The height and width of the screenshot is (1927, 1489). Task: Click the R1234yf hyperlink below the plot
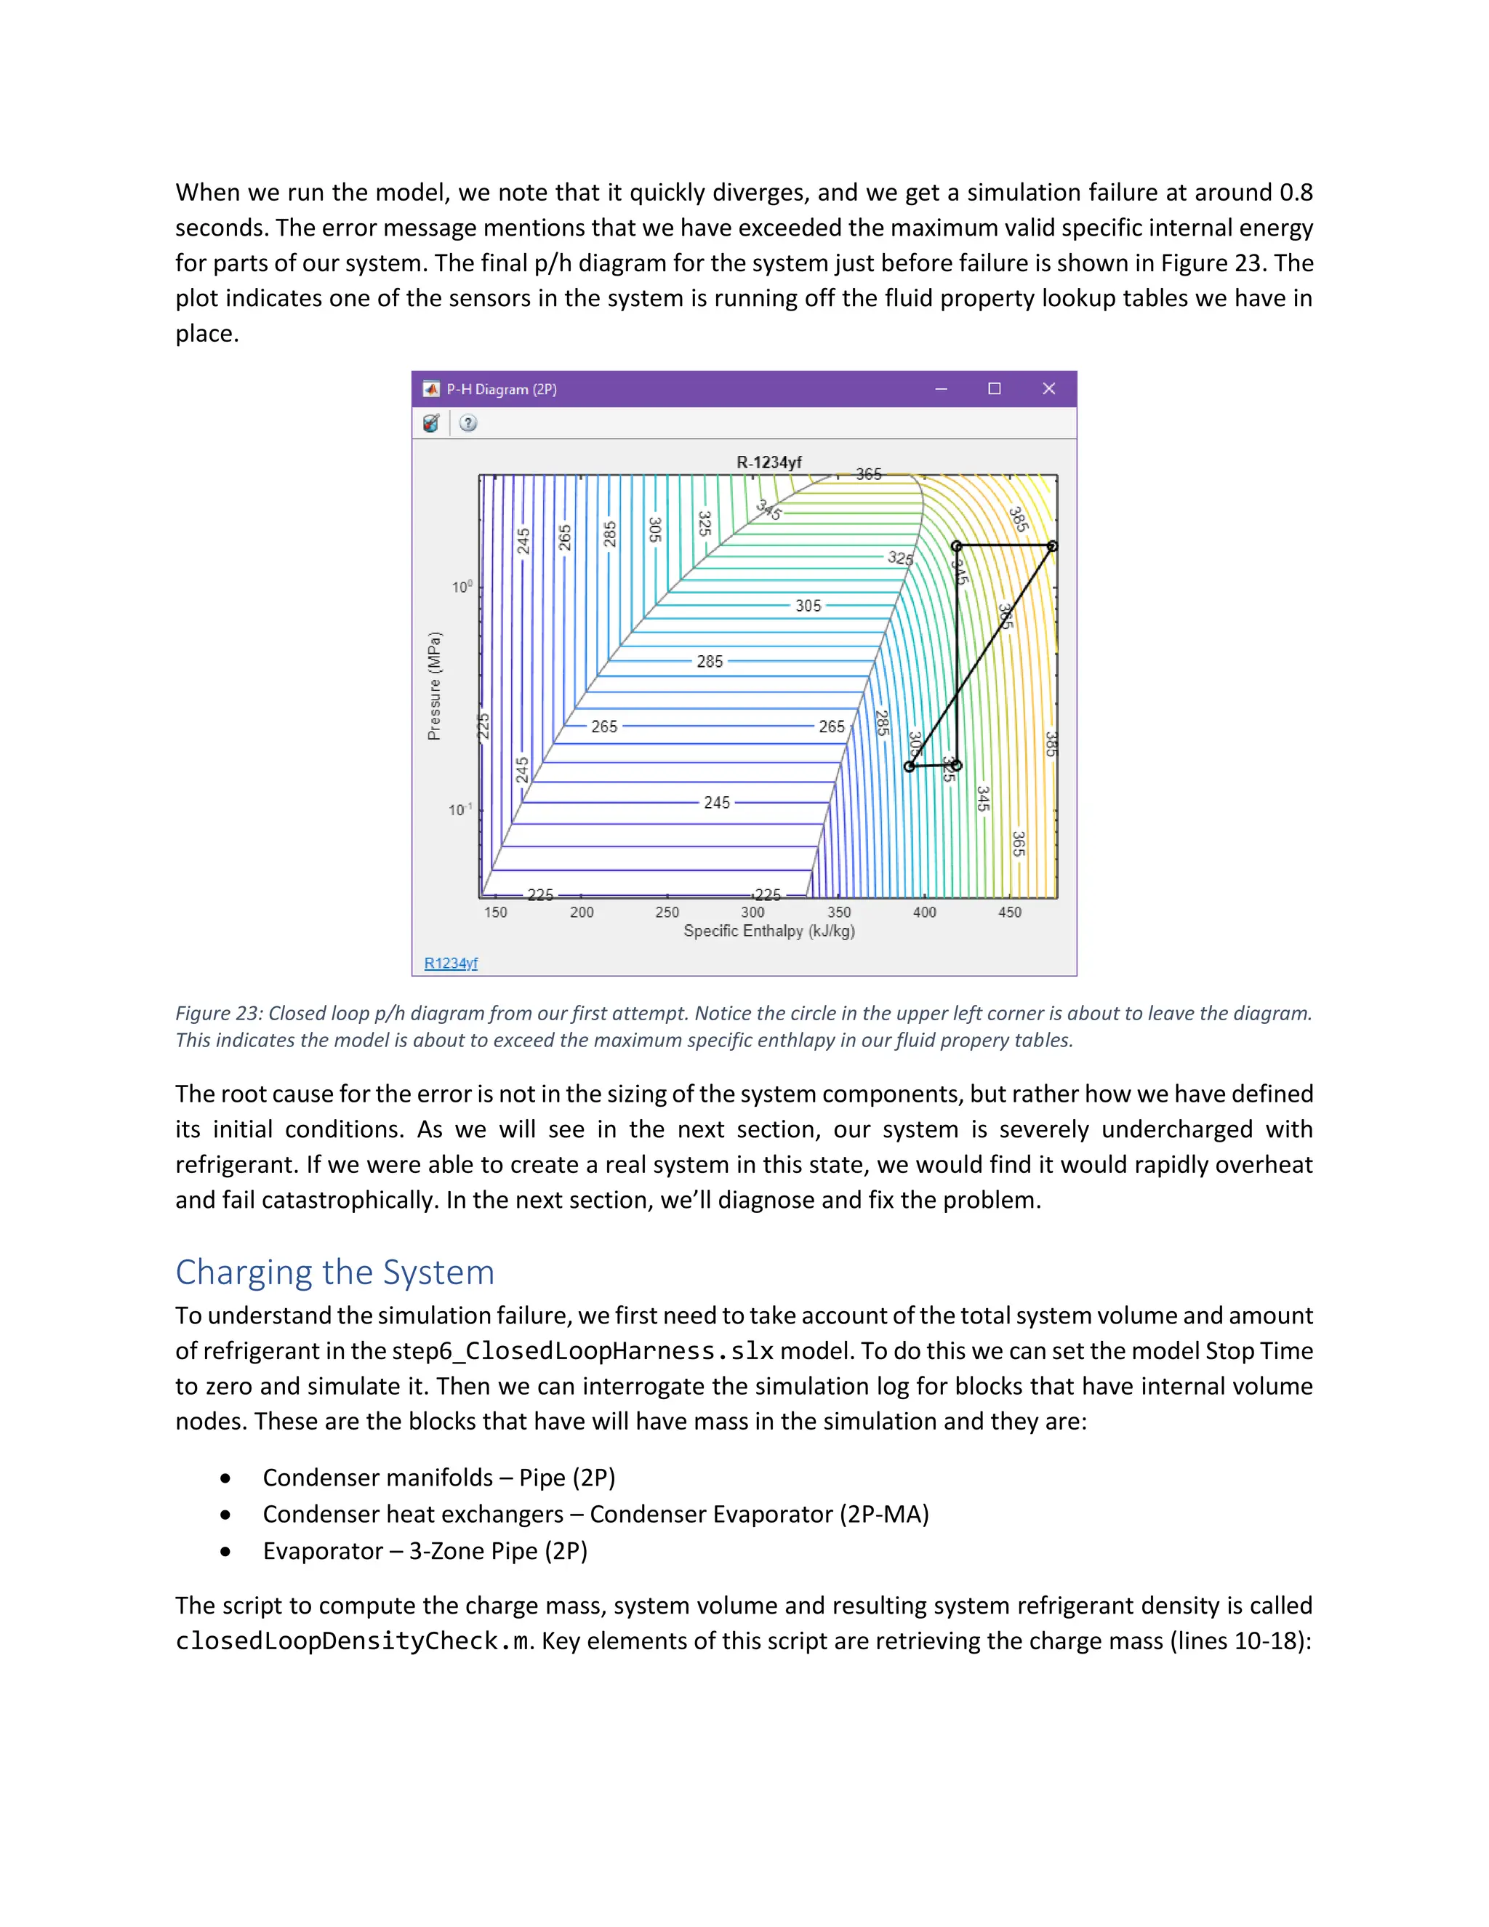pos(450,963)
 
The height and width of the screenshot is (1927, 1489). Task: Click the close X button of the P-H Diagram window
pos(1048,389)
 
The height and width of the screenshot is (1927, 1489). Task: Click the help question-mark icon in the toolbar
pos(468,423)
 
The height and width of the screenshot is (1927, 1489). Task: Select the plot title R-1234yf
pos(768,462)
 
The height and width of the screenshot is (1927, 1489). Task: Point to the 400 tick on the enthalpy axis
pos(923,913)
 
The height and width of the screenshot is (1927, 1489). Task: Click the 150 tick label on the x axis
pos(495,913)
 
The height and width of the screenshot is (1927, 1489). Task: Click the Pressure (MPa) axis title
pos(434,686)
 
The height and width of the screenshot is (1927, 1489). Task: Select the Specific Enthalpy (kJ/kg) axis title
pos(768,931)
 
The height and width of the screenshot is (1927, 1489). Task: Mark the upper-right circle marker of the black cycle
pos(1051,546)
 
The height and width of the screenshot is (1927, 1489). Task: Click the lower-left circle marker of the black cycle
pos(910,766)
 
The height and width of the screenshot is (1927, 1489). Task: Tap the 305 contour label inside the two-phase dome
pos(808,606)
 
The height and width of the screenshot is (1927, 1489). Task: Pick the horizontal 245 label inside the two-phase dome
pos(716,803)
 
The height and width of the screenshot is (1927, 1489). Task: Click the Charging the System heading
pos(334,1273)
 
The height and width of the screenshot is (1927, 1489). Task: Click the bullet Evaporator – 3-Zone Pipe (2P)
pos(425,1551)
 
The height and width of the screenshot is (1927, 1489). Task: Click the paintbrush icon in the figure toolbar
pos(430,423)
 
